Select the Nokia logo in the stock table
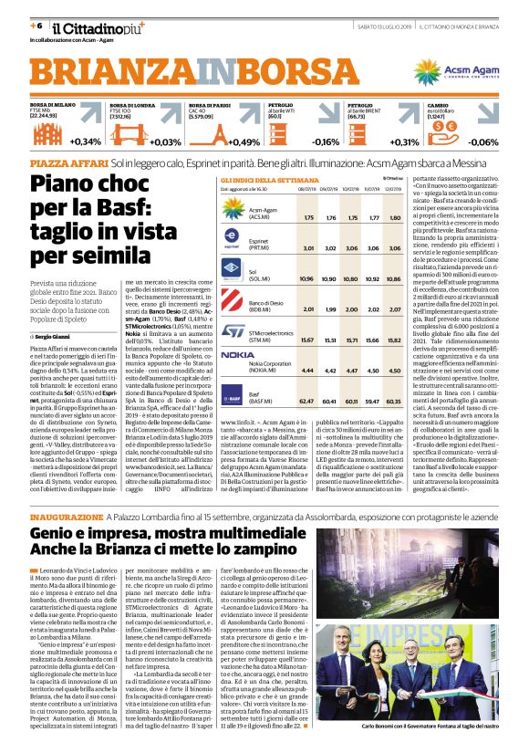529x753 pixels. (238, 353)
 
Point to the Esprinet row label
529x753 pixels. (264, 245)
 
